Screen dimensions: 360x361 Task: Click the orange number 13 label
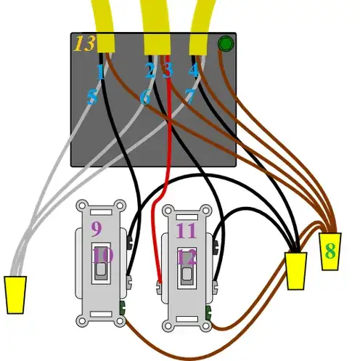(84, 44)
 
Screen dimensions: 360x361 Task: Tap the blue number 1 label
(101, 72)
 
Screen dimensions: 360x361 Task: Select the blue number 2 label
(150, 70)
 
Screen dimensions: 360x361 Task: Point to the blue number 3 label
(168, 70)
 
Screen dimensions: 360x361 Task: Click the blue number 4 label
(194, 70)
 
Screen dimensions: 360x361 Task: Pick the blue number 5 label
(92, 97)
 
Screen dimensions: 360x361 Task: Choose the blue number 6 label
(145, 97)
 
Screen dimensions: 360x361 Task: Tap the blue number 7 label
(189, 97)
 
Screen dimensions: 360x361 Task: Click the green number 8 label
(330, 251)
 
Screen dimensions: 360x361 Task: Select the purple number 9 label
(97, 229)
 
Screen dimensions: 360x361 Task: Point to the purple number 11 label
(186, 231)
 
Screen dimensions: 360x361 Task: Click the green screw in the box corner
(226, 44)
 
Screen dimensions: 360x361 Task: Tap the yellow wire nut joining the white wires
(15, 295)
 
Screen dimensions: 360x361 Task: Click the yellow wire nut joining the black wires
(296, 271)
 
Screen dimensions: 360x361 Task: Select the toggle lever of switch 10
(101, 269)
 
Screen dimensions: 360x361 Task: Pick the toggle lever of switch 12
(187, 275)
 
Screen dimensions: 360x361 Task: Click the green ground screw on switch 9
(123, 308)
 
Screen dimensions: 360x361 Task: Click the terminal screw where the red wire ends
(160, 287)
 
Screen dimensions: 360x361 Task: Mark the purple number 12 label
(187, 257)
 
